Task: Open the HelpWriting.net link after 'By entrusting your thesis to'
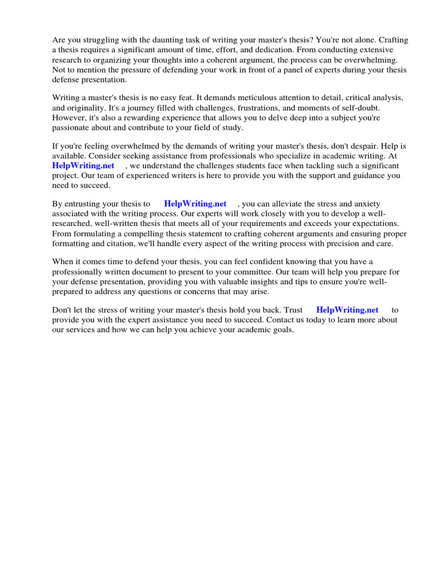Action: pyautogui.click(x=195, y=203)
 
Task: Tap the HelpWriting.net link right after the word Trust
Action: pyautogui.click(x=347, y=310)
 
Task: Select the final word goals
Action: pyautogui.click(x=281, y=329)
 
